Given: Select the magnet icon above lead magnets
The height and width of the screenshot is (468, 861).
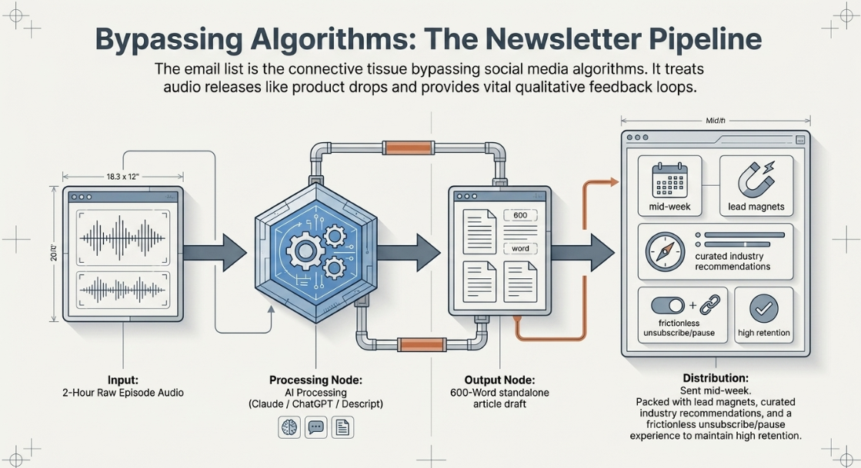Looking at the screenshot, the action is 756,178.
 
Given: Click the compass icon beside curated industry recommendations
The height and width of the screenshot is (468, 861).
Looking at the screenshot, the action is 665,252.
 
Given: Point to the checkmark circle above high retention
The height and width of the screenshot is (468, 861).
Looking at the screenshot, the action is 764,308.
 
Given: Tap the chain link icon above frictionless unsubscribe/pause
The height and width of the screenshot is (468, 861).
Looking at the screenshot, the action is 709,305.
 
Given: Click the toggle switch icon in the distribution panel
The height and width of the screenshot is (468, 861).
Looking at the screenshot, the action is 668,306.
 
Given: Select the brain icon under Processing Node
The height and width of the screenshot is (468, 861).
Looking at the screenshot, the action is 289,427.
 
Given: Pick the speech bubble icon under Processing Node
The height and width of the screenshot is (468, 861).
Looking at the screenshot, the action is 315,427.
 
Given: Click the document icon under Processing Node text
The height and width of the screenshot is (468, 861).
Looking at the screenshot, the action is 342,427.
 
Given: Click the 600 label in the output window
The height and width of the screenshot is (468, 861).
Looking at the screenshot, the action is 520,216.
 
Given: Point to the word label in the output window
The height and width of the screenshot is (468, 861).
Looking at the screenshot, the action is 520,248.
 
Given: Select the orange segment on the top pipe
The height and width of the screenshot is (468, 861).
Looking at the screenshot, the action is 408,148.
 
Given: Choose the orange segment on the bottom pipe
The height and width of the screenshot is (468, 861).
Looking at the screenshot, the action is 421,345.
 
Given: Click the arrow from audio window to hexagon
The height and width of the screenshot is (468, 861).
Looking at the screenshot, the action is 215,252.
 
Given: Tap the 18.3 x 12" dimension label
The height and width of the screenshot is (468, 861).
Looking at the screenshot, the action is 123,177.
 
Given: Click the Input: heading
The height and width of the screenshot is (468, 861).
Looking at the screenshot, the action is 123,380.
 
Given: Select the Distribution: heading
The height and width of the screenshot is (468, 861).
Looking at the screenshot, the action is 716,378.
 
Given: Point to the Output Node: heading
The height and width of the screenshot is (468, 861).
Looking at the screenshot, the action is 499,380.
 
